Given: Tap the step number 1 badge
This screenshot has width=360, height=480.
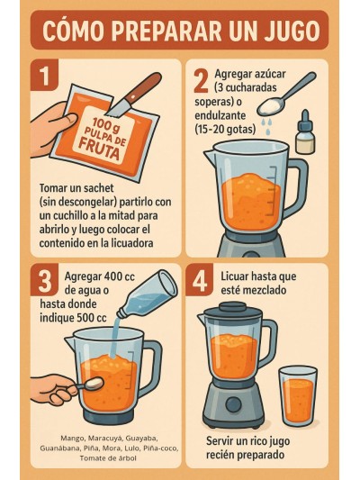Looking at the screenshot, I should click(41, 76).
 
